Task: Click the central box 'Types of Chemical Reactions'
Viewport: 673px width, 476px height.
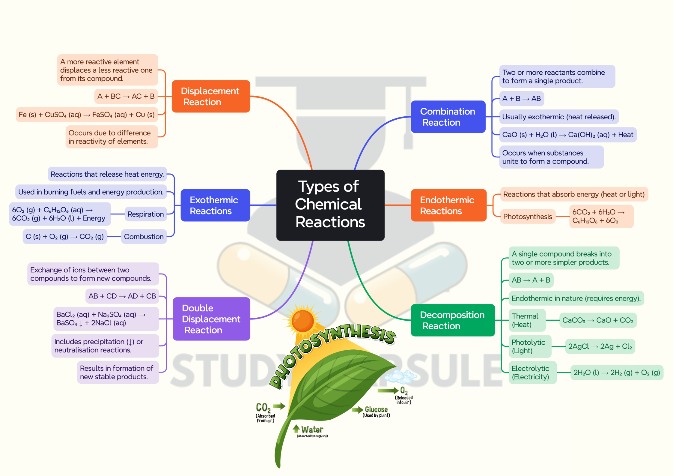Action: [x=330, y=205]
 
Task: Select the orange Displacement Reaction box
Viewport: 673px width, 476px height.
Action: [x=211, y=96]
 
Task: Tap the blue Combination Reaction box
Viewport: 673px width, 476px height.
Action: [x=448, y=117]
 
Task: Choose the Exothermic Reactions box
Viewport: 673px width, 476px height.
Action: [x=215, y=205]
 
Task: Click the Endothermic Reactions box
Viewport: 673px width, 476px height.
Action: [x=448, y=205]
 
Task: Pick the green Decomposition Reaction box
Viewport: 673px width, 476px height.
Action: [x=452, y=320]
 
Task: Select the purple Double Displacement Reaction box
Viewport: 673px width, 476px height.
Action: [x=211, y=319]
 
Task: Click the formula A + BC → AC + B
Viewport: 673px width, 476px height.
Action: [x=126, y=96]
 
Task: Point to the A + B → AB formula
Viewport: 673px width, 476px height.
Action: [x=521, y=99]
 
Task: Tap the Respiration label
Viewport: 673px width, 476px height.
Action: [x=145, y=214]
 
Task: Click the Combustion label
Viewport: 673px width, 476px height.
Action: [x=144, y=237]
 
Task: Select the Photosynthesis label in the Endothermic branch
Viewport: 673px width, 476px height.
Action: [x=527, y=217]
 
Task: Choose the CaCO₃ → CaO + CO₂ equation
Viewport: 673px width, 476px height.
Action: [x=597, y=320]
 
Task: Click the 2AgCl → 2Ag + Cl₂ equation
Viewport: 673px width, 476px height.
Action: [x=600, y=346]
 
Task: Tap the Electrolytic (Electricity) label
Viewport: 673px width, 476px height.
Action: [x=530, y=373]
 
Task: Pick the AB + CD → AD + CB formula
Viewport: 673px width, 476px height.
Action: [x=122, y=296]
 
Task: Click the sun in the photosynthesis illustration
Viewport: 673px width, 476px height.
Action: [x=302, y=320]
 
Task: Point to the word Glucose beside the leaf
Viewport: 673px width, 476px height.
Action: [x=376, y=409]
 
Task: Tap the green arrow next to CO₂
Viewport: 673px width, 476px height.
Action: [x=279, y=406]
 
